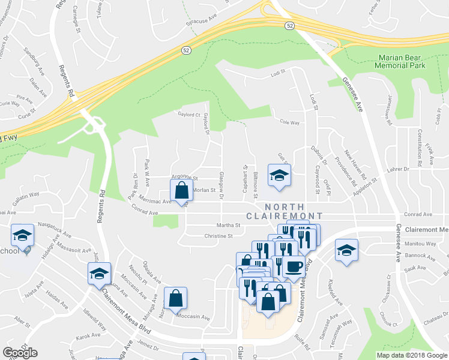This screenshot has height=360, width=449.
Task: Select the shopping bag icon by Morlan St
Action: click(182, 191)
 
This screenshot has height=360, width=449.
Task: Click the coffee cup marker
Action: click(294, 266)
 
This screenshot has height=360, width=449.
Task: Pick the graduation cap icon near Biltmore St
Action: click(279, 175)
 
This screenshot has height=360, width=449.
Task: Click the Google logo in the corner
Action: click(20, 353)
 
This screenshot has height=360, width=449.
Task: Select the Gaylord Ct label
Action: click(188, 114)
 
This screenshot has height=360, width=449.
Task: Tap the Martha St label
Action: click(229, 226)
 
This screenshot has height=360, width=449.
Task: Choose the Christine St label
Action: click(218, 236)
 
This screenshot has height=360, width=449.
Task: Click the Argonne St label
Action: click(184, 178)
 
